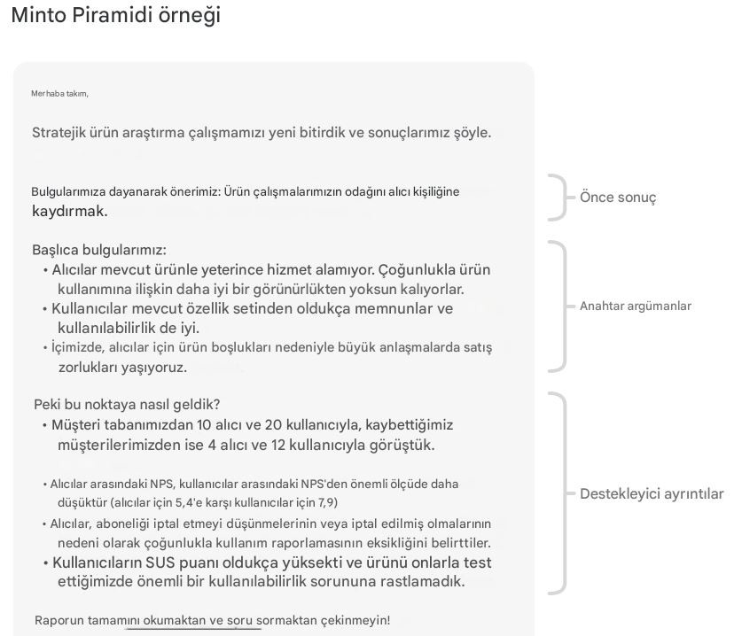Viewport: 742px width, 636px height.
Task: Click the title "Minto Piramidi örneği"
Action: pyautogui.click(x=115, y=15)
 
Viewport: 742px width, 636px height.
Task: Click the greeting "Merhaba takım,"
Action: pyautogui.click(x=59, y=93)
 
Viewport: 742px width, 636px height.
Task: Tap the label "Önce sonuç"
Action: pyautogui.click(x=618, y=197)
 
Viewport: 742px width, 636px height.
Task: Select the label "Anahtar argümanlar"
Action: pyautogui.click(x=635, y=306)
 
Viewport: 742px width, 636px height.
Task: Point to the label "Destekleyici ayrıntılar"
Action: pyautogui.click(x=651, y=493)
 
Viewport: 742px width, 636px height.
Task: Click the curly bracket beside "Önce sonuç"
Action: pyautogui.click(x=558, y=197)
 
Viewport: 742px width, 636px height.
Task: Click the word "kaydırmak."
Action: pyautogui.click(x=69, y=211)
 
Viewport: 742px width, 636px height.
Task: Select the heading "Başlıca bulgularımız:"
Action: pyautogui.click(x=99, y=250)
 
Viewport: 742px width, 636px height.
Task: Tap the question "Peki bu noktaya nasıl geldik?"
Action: pyautogui.click(x=127, y=404)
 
